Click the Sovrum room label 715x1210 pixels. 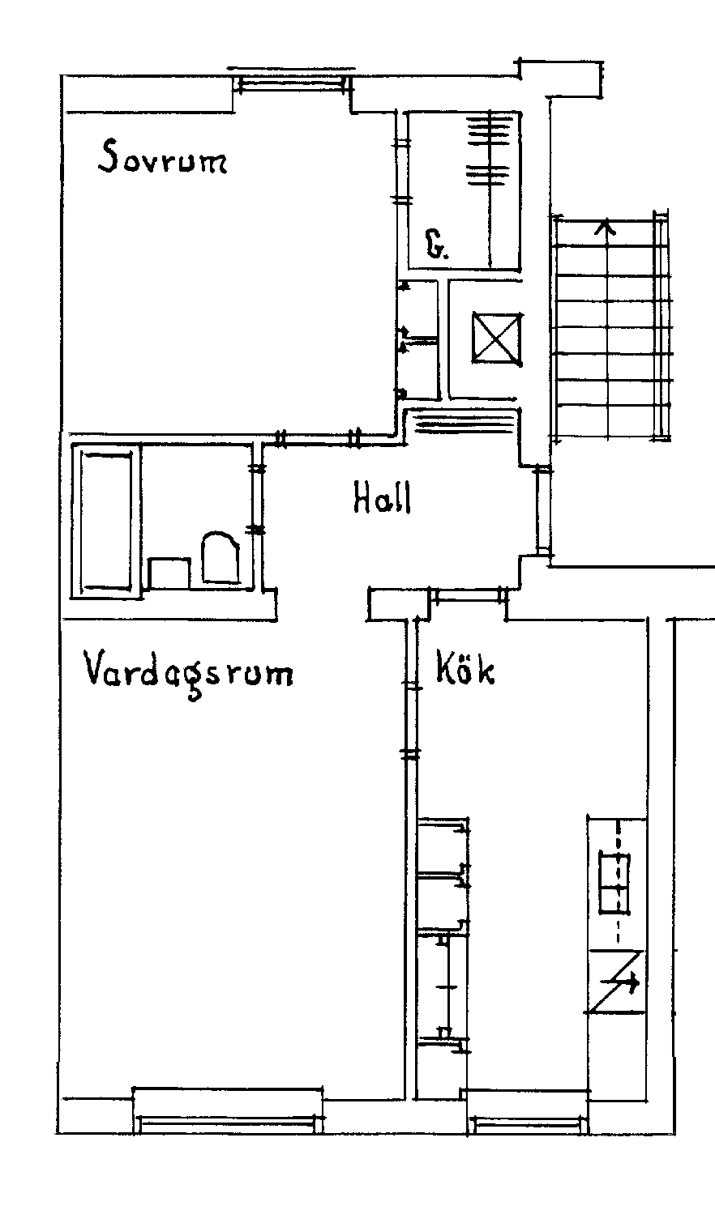pyautogui.click(x=162, y=156)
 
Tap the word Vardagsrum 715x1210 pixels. pyautogui.click(x=188, y=674)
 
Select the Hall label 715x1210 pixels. pyautogui.click(x=383, y=497)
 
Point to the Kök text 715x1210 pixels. pyautogui.click(x=465, y=670)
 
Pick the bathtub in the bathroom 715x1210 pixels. pyautogui.click(x=106, y=520)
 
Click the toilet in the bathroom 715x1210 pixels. pyautogui.click(x=220, y=557)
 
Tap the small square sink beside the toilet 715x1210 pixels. pyautogui.click(x=169, y=573)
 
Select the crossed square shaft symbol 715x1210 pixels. pyautogui.click(x=497, y=339)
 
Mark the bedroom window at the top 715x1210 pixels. pyautogui.click(x=292, y=82)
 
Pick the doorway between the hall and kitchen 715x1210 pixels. pyautogui.click(x=469, y=595)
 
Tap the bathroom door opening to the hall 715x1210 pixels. pyautogui.click(x=258, y=499)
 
